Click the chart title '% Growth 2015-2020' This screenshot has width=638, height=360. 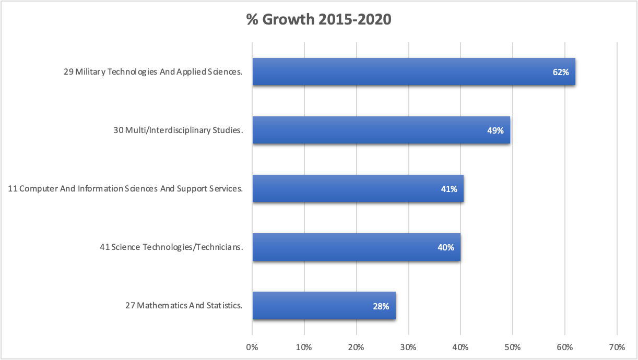coord(318,20)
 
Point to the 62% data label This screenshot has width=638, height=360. coord(560,72)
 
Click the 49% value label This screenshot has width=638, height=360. coord(495,130)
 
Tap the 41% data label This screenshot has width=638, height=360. coord(448,189)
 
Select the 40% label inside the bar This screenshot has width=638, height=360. coord(445,247)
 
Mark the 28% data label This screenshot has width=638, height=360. coord(381,306)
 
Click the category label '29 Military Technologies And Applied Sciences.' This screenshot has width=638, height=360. coord(153,72)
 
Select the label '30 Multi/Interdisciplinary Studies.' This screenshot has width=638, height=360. coord(178,130)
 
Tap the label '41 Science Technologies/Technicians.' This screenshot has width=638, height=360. coord(171,247)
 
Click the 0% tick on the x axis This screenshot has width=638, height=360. coord(252,347)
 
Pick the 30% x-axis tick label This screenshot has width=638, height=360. coord(408,347)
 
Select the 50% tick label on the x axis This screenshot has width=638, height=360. coord(513,347)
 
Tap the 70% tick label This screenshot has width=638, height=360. coord(617,347)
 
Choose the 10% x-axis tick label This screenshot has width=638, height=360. coord(304,347)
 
